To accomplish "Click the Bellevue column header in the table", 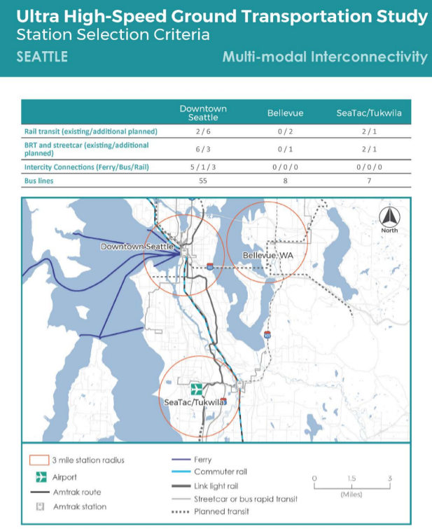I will (x=285, y=114).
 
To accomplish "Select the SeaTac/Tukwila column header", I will (x=369, y=114).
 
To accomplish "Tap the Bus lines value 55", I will (x=203, y=181).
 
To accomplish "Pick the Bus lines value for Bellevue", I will (x=284, y=181).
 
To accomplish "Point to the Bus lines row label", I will (x=40, y=181).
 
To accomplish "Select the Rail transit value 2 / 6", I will (x=203, y=131).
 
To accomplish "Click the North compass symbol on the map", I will (x=389, y=219).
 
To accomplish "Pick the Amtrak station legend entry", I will (x=79, y=507).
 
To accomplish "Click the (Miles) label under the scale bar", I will (x=351, y=494).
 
